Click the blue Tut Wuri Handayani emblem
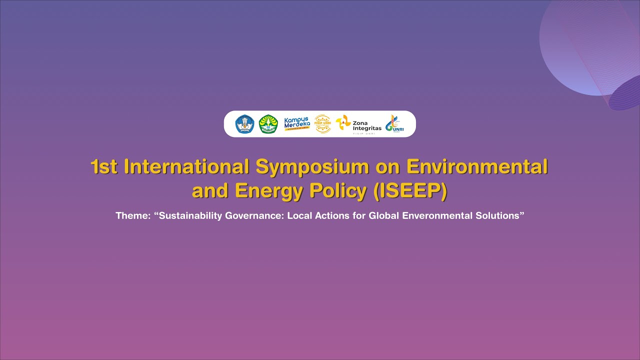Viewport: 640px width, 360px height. click(245, 124)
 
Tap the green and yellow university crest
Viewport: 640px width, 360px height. click(268, 124)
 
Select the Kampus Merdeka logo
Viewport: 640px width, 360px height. click(297, 123)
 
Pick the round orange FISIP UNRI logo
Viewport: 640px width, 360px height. click(322, 123)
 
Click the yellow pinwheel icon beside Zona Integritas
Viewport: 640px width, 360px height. click(343, 123)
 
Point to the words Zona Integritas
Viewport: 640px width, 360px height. click(366, 125)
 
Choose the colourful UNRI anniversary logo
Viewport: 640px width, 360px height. click(394, 124)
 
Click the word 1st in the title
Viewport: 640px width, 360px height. click(104, 167)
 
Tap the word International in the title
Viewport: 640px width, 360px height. click(187, 167)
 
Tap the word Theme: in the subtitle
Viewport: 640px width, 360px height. click(133, 216)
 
